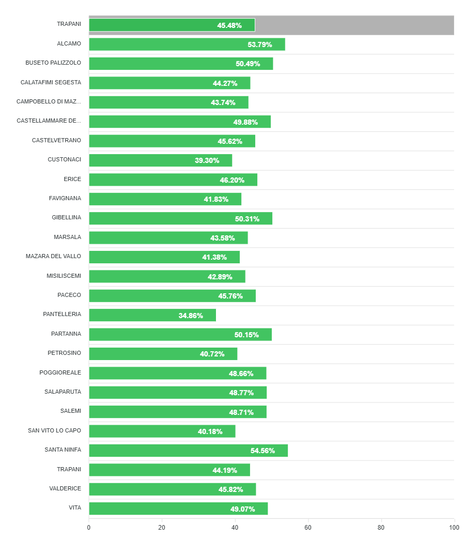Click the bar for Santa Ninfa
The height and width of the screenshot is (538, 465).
tap(188, 451)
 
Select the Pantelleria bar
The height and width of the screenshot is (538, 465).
tap(152, 315)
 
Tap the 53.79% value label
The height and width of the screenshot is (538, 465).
tap(260, 44)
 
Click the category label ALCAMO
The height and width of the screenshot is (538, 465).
tap(69, 44)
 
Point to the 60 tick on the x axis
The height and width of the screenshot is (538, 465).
tap(308, 528)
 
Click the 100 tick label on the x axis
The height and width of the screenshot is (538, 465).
tap(454, 528)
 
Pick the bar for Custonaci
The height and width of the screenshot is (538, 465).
tap(160, 160)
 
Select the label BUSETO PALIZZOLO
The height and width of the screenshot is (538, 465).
tap(53, 63)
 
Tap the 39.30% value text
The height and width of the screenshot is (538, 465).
tap(207, 160)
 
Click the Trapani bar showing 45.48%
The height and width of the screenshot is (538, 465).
tap(172, 25)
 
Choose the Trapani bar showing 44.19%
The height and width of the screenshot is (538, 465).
tap(169, 470)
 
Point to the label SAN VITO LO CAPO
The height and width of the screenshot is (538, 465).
tap(54, 430)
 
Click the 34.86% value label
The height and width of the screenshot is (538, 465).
tap(191, 315)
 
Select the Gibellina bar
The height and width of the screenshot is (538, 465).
tap(180, 218)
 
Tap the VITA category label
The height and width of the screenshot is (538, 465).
tap(75, 508)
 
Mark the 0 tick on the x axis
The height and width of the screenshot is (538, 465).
tap(89, 528)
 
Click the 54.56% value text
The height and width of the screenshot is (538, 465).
tap(262, 451)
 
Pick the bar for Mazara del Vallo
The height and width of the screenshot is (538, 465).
tap(164, 257)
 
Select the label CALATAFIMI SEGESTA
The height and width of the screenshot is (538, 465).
tap(51, 83)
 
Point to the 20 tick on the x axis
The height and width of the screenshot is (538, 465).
tap(162, 528)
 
